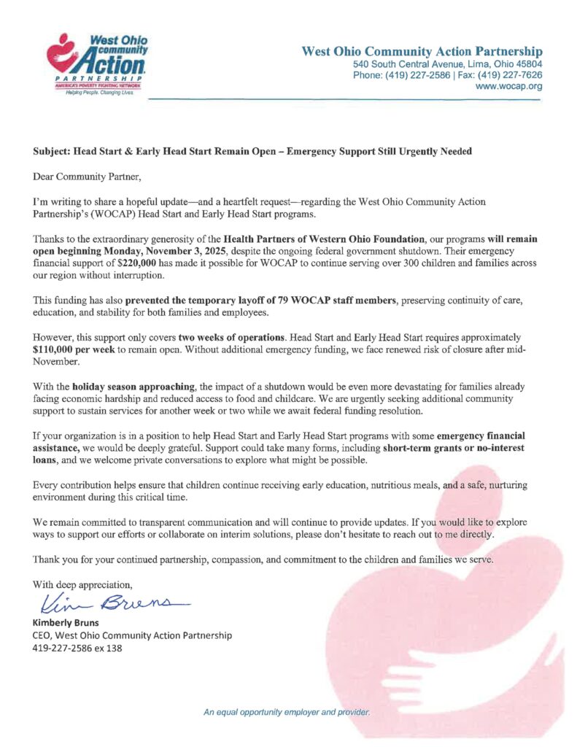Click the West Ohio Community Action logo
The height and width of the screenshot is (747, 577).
pyautogui.click(x=96, y=68)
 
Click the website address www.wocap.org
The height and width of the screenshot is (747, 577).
pyautogui.click(x=508, y=86)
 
